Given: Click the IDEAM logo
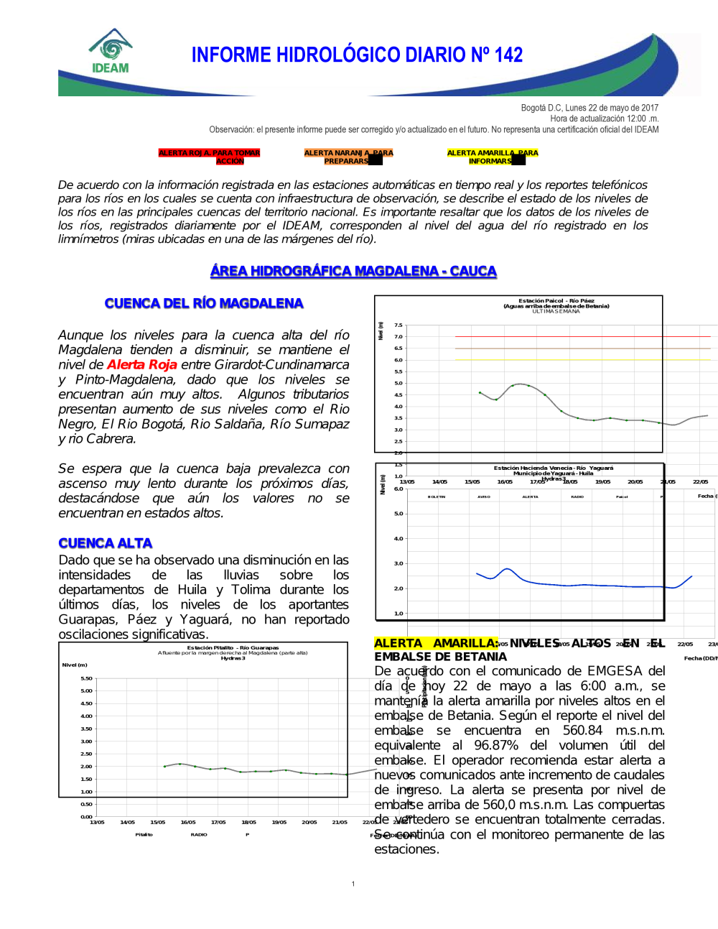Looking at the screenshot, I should point(111,52).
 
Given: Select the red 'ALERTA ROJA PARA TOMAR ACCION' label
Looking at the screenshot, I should point(209,157).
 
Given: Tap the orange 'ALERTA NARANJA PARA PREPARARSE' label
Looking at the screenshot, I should point(348,157).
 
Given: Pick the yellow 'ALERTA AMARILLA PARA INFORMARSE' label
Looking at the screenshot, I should point(492,157).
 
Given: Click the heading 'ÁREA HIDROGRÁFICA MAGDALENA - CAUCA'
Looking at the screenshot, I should point(353,271).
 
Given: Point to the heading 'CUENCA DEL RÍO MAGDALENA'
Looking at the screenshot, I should point(204,303).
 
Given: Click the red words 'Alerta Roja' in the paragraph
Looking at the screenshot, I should point(142,365).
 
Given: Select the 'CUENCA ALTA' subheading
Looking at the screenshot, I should point(106,543).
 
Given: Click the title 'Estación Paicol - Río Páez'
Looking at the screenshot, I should point(556,301).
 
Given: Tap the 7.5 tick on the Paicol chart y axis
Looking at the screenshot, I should point(398,325).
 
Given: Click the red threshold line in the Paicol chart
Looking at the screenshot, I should point(582,336).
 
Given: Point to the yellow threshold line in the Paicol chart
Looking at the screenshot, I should point(582,360).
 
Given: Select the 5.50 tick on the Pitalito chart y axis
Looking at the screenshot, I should point(86,678).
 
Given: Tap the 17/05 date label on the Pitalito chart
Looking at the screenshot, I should point(218,822).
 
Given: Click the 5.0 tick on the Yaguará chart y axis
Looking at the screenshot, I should point(398,514).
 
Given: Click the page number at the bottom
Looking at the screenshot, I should point(353,884).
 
